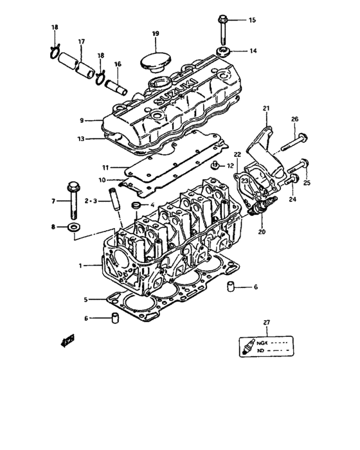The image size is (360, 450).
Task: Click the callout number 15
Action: (x=252, y=21)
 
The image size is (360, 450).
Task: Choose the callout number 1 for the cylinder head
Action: (x=80, y=265)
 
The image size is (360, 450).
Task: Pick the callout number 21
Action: (x=266, y=109)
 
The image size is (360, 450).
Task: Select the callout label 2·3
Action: (x=89, y=201)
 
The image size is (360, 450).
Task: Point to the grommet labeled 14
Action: (x=225, y=51)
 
